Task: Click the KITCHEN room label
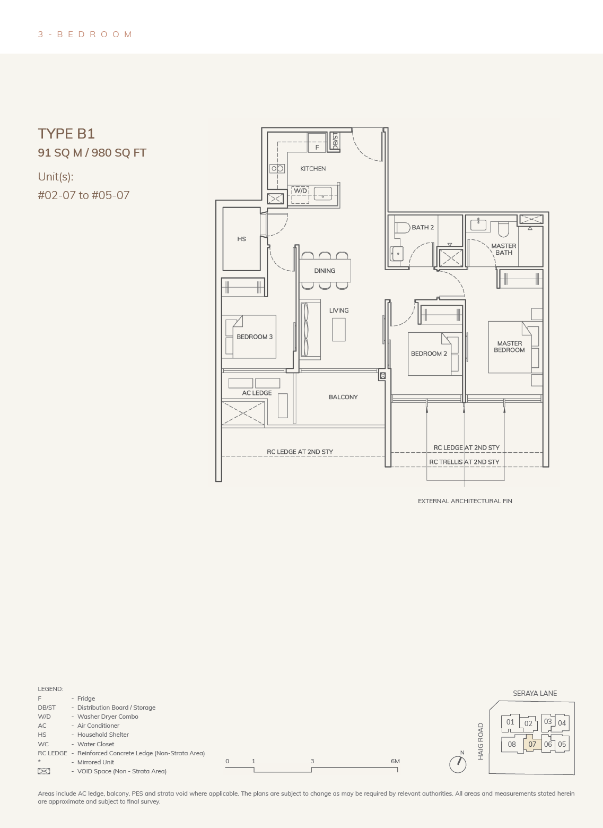click(313, 169)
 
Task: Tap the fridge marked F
click(317, 143)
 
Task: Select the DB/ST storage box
click(335, 141)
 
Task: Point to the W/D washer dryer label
click(300, 191)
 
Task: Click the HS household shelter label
click(241, 239)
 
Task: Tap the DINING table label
click(325, 271)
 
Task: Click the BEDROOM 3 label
click(255, 337)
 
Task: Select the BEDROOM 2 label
click(429, 353)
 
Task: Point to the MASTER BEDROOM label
click(509, 347)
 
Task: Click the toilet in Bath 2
click(402, 227)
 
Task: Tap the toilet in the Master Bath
click(503, 229)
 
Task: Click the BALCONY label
click(343, 397)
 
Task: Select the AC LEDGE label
click(257, 393)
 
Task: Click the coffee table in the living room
click(338, 330)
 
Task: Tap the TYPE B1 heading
click(66, 133)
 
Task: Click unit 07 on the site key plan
click(532, 744)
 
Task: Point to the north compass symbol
click(458, 764)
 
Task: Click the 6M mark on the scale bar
click(395, 761)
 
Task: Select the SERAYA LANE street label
click(535, 693)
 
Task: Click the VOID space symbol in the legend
click(43, 771)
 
